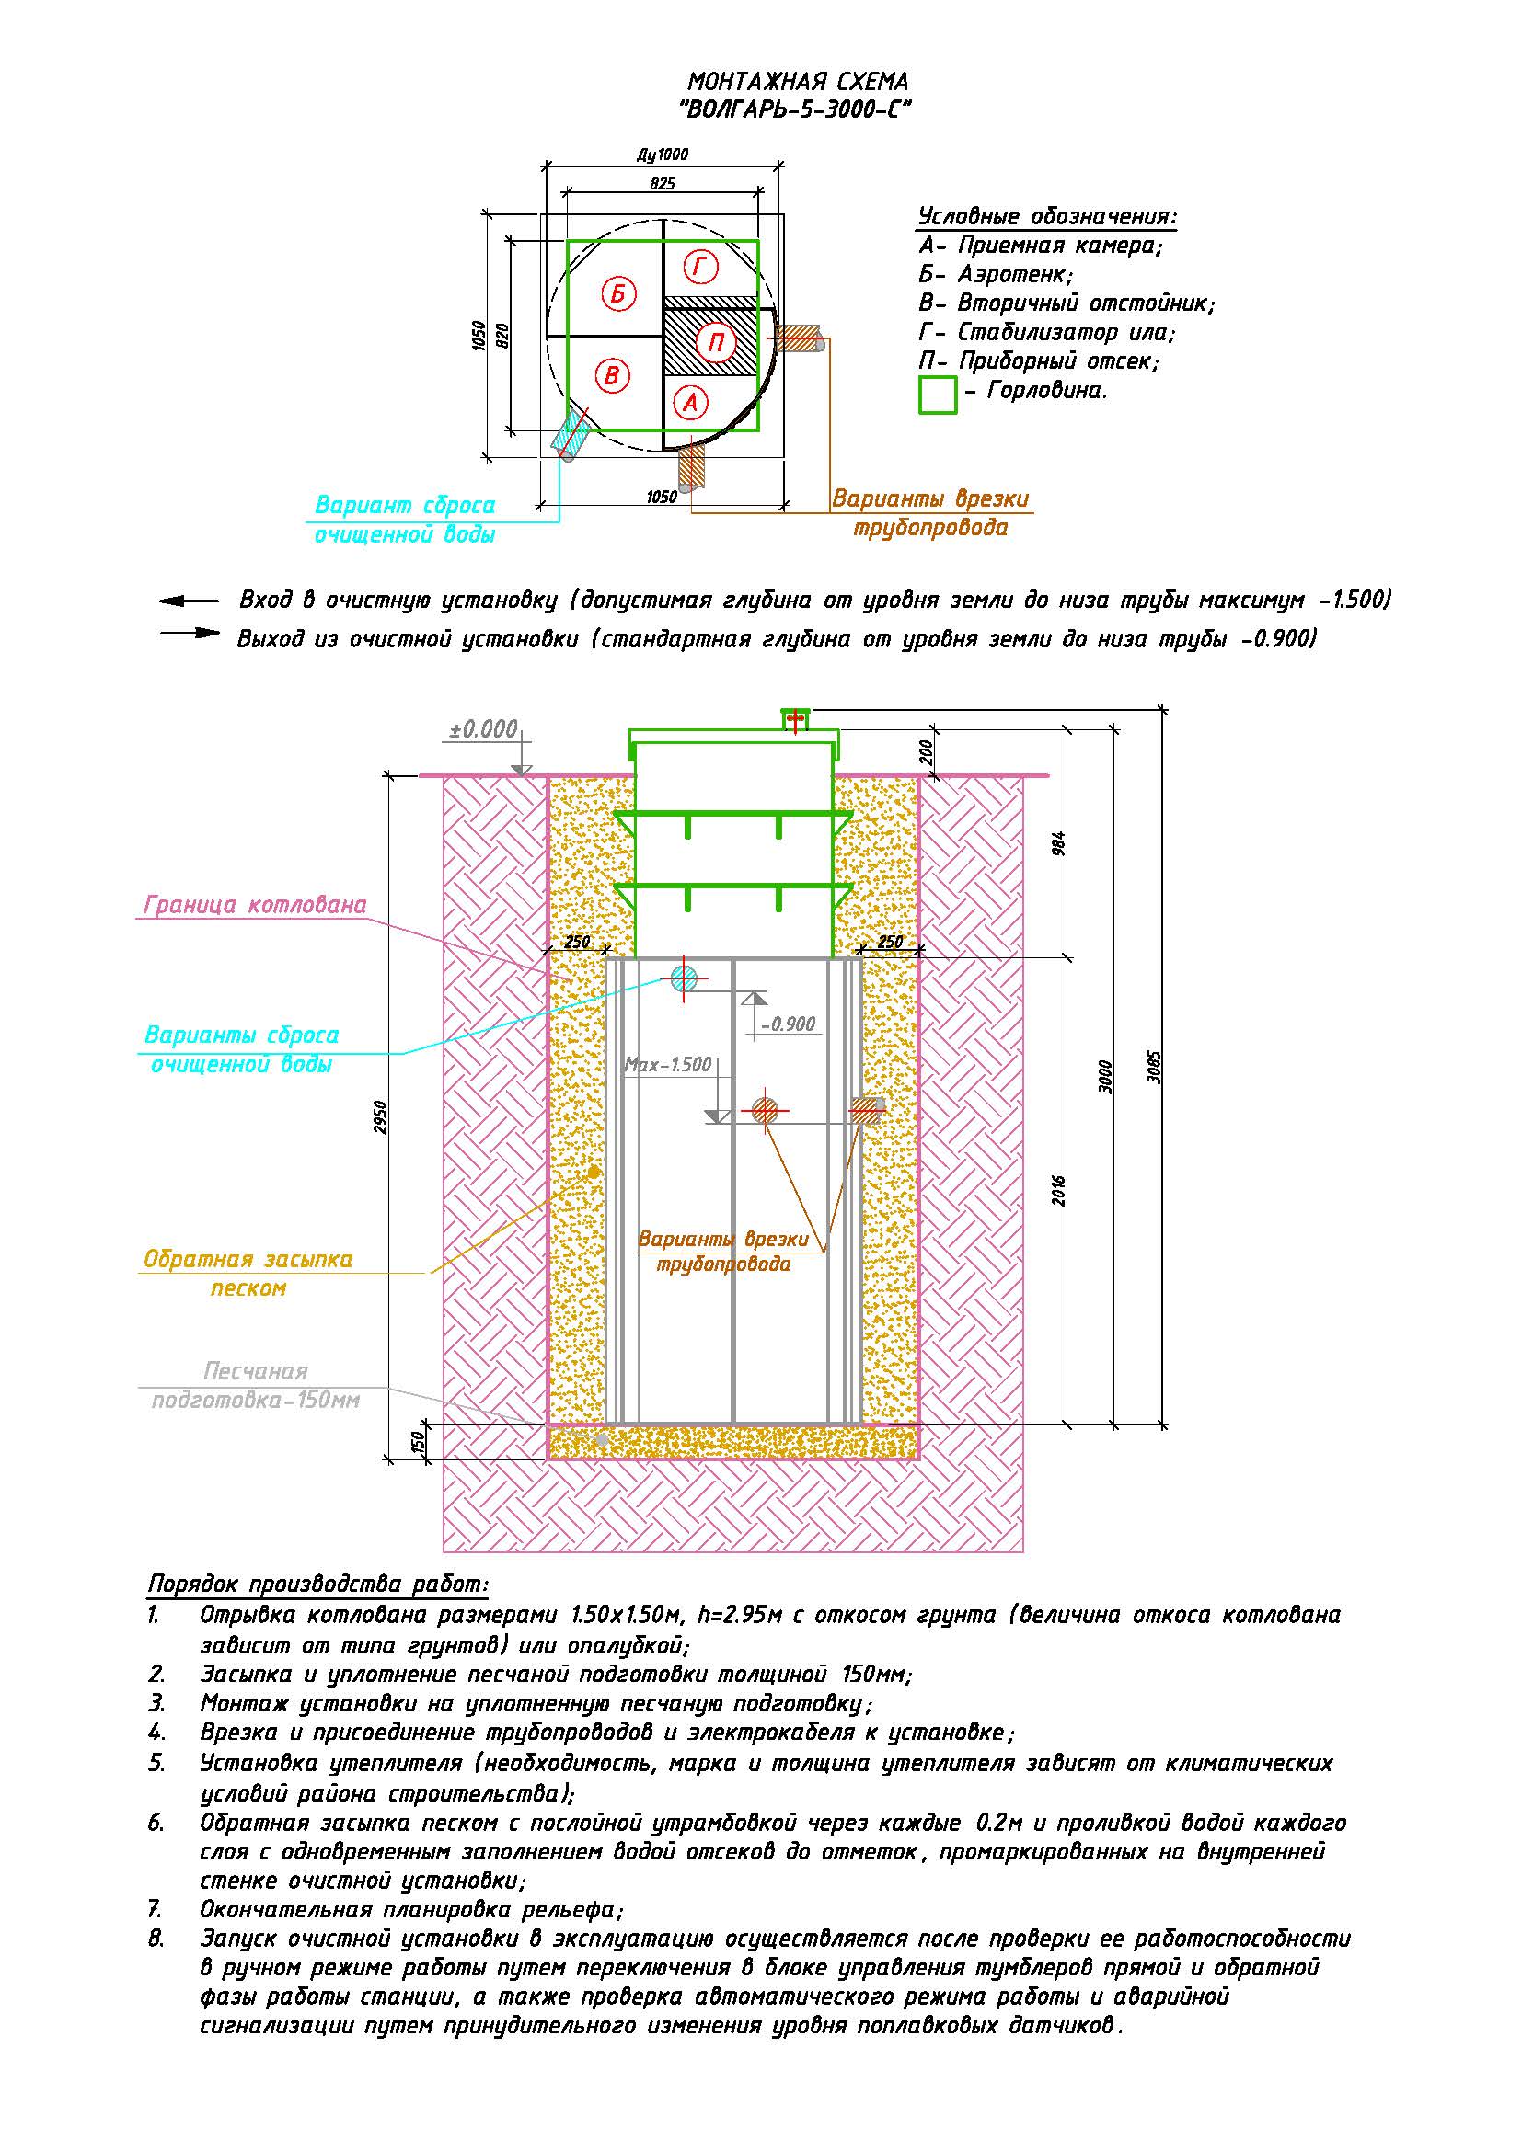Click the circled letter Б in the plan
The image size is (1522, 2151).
(617, 294)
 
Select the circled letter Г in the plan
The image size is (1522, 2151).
(699, 267)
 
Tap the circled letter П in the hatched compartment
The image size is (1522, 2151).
(717, 343)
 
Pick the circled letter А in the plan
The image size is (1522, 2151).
(691, 403)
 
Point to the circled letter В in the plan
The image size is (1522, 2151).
(612, 376)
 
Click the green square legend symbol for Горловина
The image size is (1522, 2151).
(937, 395)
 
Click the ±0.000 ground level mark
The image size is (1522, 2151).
(483, 730)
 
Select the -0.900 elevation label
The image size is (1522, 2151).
(789, 1024)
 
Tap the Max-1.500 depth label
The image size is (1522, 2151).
(668, 1065)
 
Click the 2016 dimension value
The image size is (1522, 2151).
(1059, 1190)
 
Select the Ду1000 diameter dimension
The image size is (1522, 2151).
(662, 154)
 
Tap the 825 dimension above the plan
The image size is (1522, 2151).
(662, 184)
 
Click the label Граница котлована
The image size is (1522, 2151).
(255, 905)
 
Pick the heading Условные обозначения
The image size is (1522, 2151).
(1047, 216)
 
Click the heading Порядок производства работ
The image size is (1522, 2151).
(318, 1585)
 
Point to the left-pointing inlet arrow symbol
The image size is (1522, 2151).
(189, 601)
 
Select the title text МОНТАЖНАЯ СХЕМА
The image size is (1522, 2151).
(798, 82)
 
